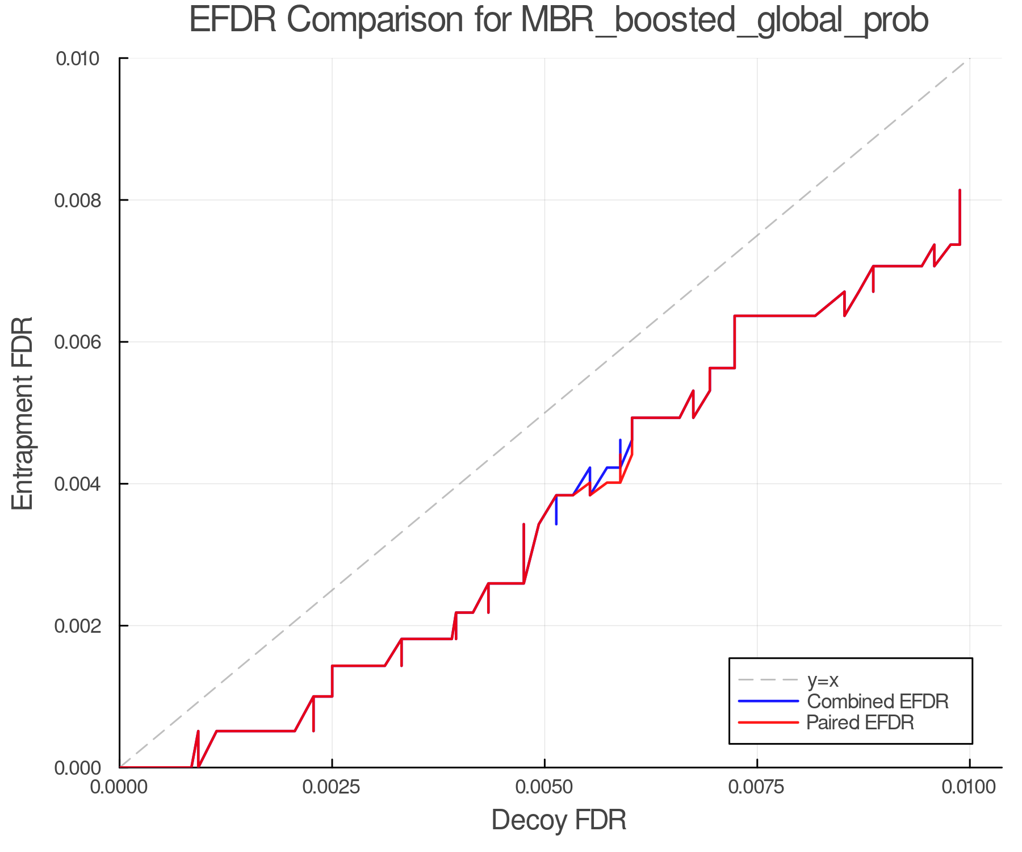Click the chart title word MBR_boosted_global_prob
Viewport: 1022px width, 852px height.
pos(724,20)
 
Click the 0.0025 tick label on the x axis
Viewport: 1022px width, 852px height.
pos(332,787)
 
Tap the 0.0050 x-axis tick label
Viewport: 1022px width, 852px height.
pos(544,787)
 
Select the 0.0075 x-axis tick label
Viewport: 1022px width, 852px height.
pos(757,787)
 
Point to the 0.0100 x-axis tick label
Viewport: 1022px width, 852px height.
pos(969,787)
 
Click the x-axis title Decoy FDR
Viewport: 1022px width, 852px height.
pos(559,820)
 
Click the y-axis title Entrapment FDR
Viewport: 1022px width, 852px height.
pos(23,413)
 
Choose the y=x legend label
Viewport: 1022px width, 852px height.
pos(823,680)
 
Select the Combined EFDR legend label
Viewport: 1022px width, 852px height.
pos(878,701)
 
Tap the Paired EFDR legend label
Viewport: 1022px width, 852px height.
pos(860,722)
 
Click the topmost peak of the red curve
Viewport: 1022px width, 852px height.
pos(960,191)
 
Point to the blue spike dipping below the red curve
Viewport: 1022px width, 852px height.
pos(556,520)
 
